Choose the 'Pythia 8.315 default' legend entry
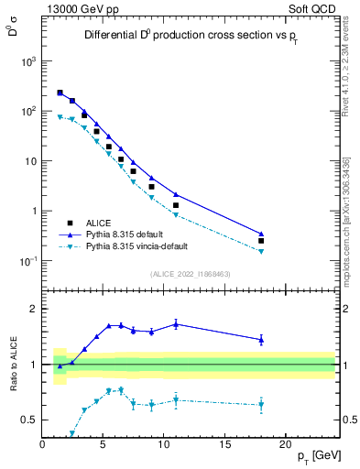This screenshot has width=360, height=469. click(128, 234)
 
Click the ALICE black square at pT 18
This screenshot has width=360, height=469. click(261, 241)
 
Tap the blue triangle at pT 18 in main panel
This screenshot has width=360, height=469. click(261, 234)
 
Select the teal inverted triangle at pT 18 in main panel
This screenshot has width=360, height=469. click(261, 251)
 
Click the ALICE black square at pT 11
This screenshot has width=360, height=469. click(176, 205)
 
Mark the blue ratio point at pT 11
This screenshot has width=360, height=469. click(176, 323)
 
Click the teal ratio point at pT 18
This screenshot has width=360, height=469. click(261, 404)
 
